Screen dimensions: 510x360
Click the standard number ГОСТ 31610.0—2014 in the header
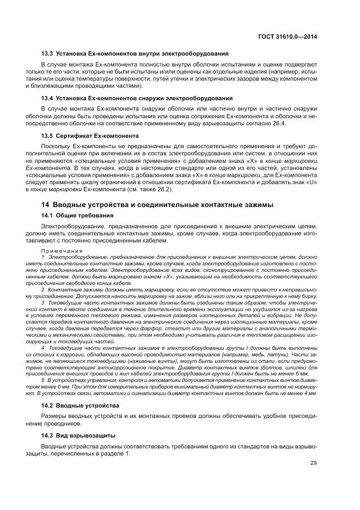(x=288, y=37)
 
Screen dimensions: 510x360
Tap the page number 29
(x=313, y=463)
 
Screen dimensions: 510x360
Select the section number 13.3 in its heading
(x=47, y=53)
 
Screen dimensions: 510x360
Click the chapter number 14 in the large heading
(x=45, y=204)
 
